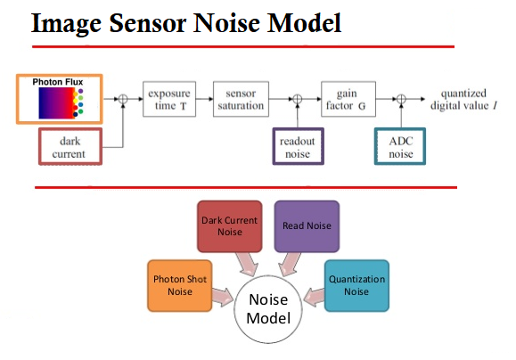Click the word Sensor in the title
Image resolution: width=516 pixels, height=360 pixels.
(x=148, y=23)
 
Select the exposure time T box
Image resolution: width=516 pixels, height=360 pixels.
(x=169, y=99)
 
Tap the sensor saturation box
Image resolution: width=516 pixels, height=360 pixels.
(x=241, y=99)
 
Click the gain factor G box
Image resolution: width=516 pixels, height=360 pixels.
(x=348, y=99)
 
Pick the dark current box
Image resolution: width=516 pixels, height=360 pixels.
(x=70, y=146)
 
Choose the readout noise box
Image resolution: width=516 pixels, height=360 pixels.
(x=299, y=146)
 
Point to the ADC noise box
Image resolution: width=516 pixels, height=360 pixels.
(x=400, y=146)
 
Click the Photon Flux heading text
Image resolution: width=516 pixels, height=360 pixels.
(x=58, y=82)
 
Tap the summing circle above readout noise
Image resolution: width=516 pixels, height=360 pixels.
(x=297, y=99)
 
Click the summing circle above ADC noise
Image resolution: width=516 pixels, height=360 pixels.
(x=401, y=99)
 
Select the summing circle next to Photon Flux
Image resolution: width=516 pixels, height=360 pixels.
(x=123, y=99)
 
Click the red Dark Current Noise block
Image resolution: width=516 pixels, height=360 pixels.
(x=230, y=226)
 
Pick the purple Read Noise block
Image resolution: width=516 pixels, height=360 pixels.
(x=307, y=226)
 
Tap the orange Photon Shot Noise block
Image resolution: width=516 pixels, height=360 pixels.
(x=180, y=286)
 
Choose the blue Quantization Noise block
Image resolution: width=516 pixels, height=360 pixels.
(x=356, y=286)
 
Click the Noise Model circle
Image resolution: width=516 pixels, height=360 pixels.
(x=268, y=309)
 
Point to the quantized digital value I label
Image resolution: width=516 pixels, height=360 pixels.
(x=463, y=100)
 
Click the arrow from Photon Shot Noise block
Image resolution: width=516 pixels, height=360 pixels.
(x=223, y=297)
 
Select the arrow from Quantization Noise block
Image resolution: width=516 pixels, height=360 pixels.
(x=314, y=297)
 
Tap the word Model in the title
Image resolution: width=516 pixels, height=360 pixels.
(x=304, y=23)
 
